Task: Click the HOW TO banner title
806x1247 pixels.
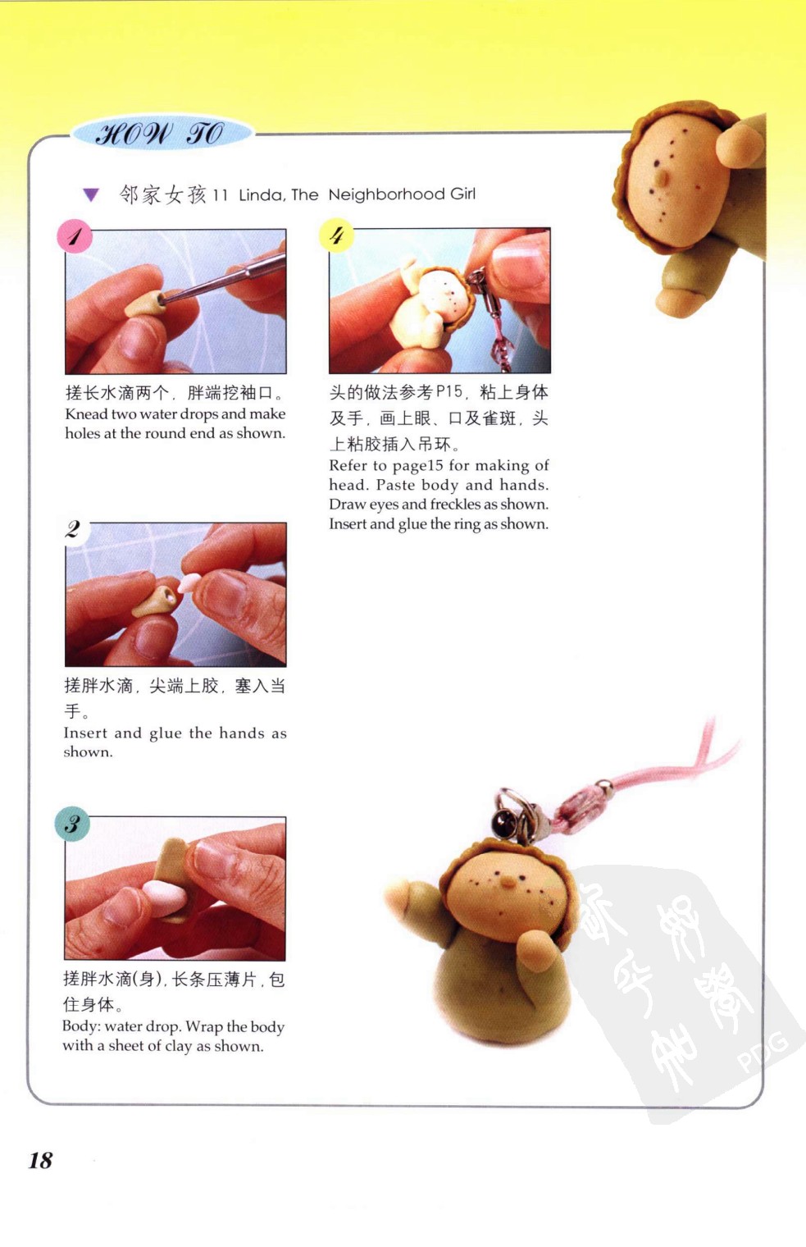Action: pos(160,135)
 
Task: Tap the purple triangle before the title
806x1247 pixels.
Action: pos(91,195)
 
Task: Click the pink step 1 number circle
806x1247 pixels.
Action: pos(74,236)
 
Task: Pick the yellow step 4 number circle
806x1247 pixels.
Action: pos(336,235)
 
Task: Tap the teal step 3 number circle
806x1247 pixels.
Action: pos(72,824)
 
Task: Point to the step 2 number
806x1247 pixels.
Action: pos(73,529)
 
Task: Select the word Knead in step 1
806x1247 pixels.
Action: pos(85,414)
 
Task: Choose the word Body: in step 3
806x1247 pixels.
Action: pos(81,1026)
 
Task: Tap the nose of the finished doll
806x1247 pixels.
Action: pos(508,881)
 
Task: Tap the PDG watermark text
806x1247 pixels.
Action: pos(763,1051)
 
